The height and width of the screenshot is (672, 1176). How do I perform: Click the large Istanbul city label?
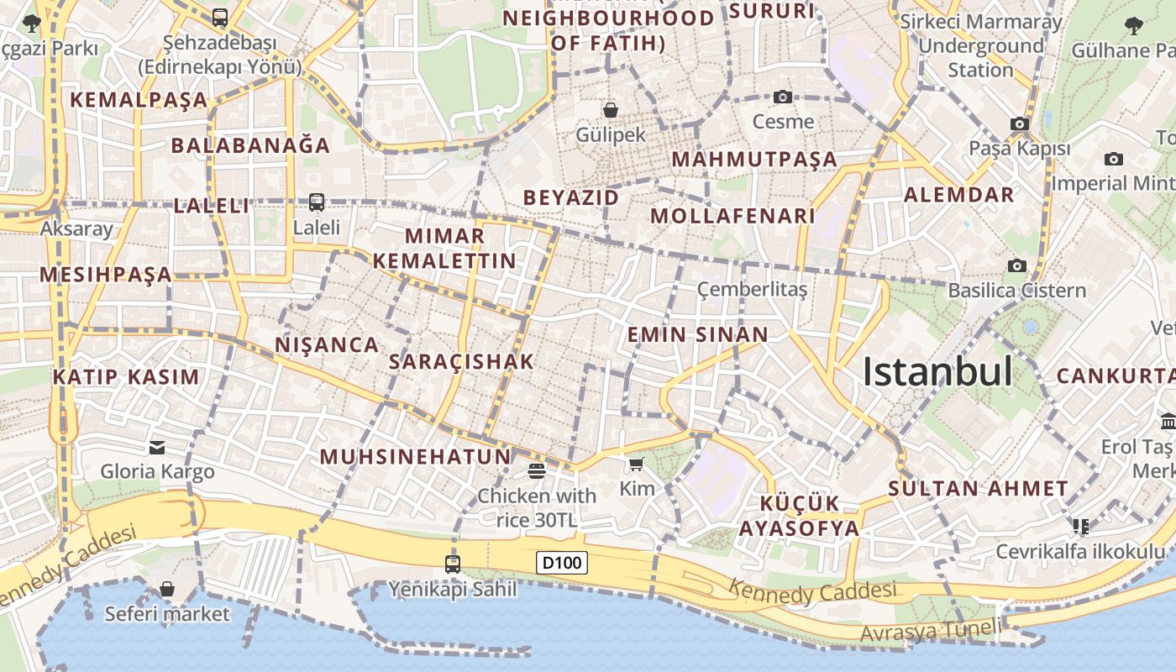point(937,371)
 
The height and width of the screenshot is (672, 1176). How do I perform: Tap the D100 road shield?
point(562,563)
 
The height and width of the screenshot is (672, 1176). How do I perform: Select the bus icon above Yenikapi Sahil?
point(453,564)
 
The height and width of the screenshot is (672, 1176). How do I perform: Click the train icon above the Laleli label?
point(317,202)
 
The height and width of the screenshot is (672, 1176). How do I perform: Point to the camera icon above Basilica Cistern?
point(1017,265)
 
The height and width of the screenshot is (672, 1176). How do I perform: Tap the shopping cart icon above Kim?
point(637,464)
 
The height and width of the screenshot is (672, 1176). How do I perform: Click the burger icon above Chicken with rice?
point(537,471)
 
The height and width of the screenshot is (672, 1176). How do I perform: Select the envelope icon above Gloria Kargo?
point(157,447)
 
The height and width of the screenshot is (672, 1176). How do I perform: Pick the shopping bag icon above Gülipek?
point(611,110)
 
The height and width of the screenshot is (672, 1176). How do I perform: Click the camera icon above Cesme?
point(783,97)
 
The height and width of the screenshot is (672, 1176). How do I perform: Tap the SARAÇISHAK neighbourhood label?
point(462,362)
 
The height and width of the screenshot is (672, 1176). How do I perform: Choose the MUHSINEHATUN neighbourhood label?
point(415,457)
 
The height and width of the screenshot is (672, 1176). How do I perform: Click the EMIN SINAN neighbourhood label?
point(697,335)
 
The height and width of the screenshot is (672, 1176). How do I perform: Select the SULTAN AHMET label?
point(978,488)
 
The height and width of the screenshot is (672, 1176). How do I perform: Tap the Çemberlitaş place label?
point(752,290)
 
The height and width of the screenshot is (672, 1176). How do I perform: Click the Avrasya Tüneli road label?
point(931,628)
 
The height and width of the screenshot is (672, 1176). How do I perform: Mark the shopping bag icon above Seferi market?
point(167,589)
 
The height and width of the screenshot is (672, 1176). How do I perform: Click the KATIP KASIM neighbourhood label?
point(126,377)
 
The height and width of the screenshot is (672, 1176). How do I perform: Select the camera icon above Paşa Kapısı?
point(1020,124)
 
